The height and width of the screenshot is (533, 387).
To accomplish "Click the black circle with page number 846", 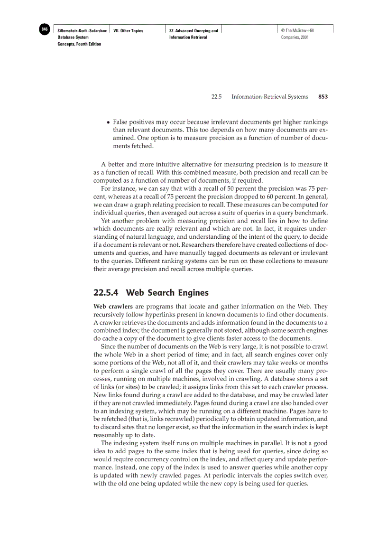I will [45, 29].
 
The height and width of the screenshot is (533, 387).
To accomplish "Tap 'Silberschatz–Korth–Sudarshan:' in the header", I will [82, 31].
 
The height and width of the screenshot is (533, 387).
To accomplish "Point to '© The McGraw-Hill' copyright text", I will [298, 31].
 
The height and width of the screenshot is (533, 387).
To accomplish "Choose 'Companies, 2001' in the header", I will [295, 37].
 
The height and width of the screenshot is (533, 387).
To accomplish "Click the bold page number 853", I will [323, 97].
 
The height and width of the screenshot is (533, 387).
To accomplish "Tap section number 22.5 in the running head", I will [217, 97].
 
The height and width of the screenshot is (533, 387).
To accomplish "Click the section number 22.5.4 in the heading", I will [106, 292].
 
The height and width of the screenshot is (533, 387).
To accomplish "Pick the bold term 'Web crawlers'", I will [113, 306].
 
